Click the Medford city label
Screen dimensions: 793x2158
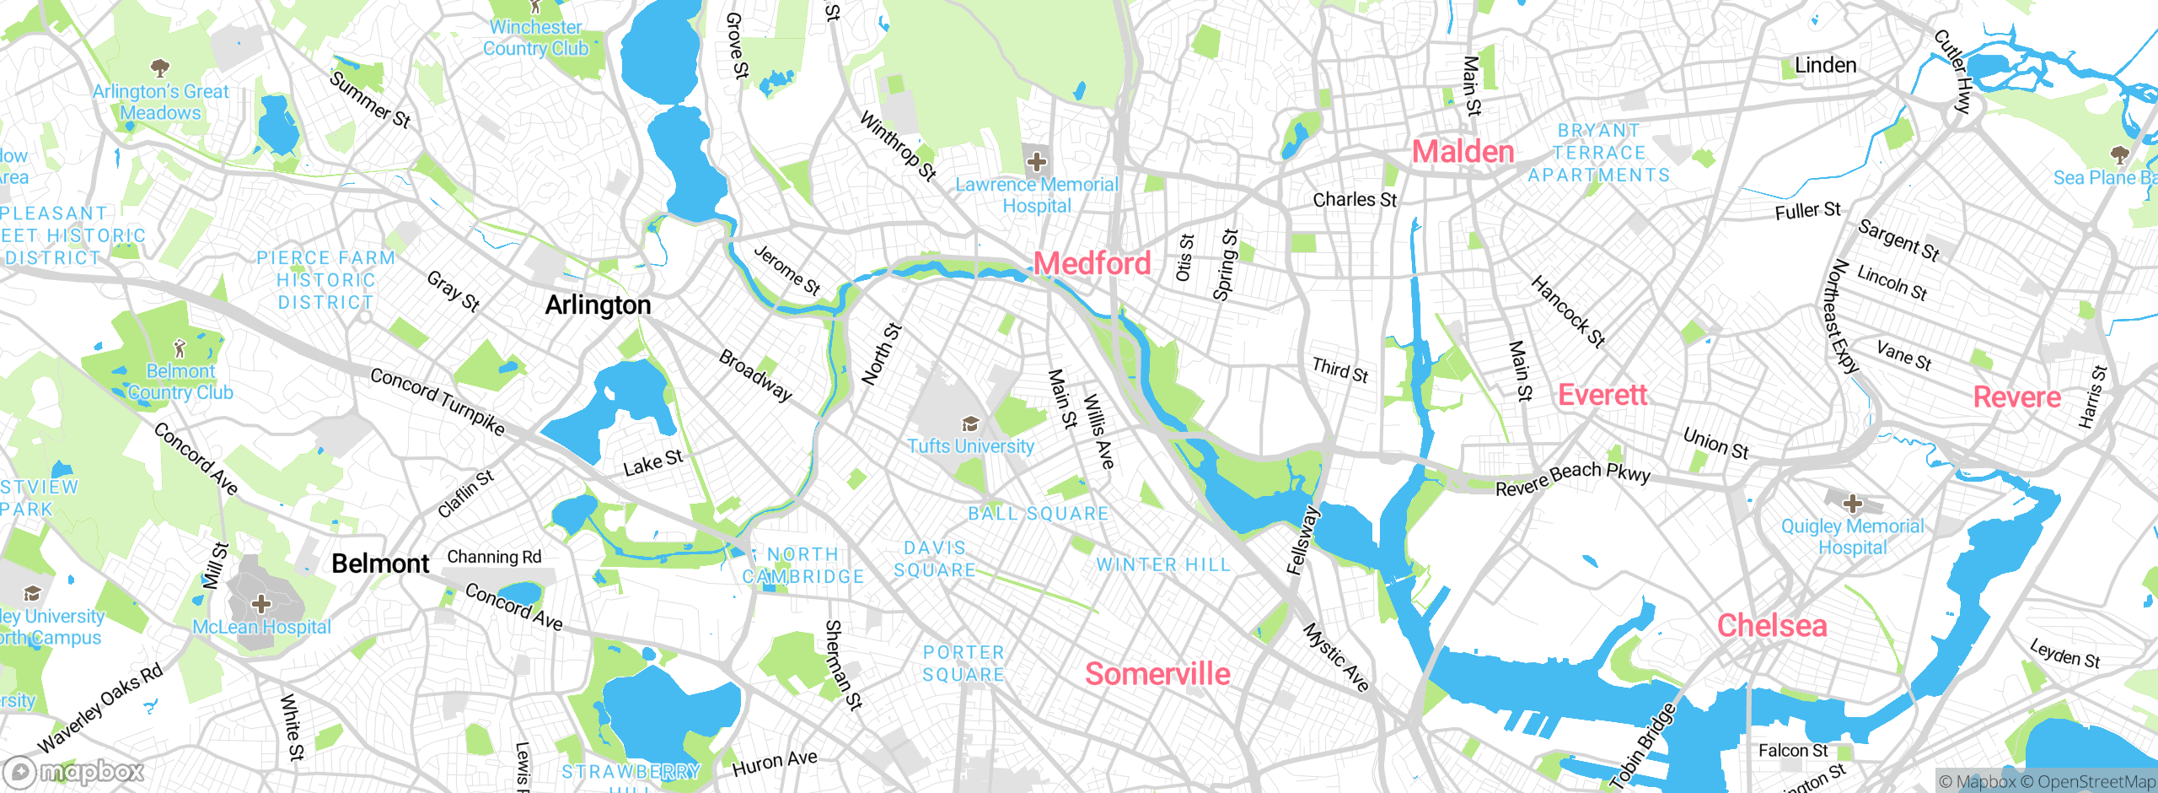(x=1092, y=264)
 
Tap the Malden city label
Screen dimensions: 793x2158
(x=1463, y=152)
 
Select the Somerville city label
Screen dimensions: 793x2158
(x=1157, y=674)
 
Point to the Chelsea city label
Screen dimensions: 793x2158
(x=1772, y=626)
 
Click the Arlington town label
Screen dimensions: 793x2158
(x=598, y=305)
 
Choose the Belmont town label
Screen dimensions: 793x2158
(x=380, y=564)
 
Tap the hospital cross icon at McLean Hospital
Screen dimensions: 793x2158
(x=261, y=603)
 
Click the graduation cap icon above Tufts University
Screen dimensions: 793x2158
(x=970, y=423)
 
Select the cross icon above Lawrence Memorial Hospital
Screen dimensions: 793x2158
(x=1037, y=161)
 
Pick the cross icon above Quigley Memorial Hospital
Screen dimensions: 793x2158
(x=1852, y=504)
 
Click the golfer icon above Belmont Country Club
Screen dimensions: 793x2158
(x=180, y=348)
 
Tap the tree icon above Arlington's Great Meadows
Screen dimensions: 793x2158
(x=160, y=67)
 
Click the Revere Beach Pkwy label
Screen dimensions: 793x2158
(x=1572, y=477)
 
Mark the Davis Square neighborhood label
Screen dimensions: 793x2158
(x=934, y=559)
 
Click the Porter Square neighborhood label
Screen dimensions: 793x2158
(x=964, y=663)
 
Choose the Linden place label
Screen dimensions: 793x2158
(x=1825, y=66)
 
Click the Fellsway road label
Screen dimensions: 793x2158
(x=1302, y=540)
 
